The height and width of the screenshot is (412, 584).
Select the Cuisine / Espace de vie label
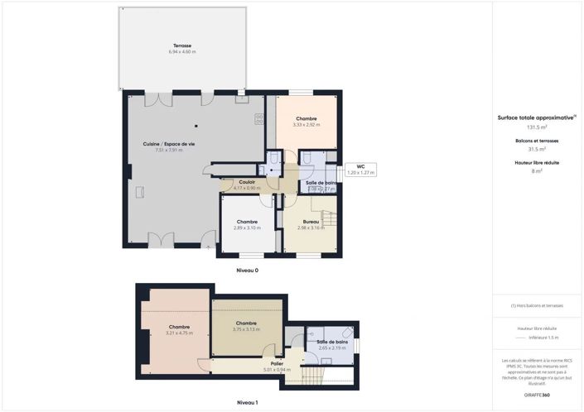[168, 144]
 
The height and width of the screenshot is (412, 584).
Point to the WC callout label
[360, 166]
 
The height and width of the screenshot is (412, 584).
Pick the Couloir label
[247, 182]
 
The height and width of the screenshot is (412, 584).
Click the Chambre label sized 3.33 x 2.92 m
[306, 118]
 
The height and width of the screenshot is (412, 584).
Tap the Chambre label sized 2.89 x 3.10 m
[247, 222]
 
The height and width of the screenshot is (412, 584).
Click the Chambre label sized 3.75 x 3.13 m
[246, 323]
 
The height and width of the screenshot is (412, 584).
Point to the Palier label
[278, 363]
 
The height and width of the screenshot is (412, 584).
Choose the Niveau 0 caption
[247, 271]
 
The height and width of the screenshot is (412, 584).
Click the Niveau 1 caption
[247, 402]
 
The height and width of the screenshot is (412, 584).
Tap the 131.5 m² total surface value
[538, 127]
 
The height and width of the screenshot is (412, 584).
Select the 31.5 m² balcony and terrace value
[538, 149]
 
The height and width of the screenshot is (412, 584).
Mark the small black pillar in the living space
[196, 127]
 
